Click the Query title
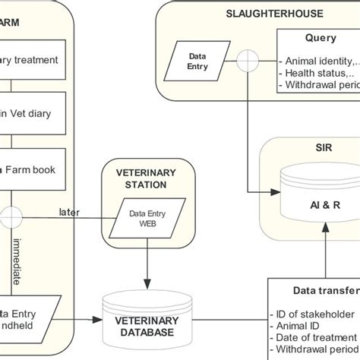point(321,38)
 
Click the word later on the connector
point(70,212)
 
